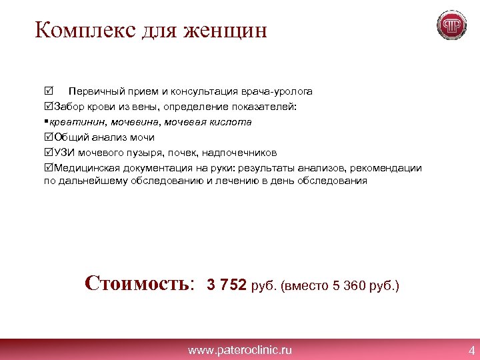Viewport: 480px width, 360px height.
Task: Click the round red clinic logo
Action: [x=451, y=25]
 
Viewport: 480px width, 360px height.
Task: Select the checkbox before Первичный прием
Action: [x=48, y=91]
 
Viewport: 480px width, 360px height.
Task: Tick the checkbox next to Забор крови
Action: [x=48, y=107]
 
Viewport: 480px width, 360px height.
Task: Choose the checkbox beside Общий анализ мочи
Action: [x=48, y=137]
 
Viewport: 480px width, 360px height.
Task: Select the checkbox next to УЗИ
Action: [x=48, y=153]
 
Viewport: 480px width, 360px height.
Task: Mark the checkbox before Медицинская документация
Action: [x=48, y=168]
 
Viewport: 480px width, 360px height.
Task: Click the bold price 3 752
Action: [x=227, y=286]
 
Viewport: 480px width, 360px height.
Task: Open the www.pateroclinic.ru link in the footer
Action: [x=240, y=349]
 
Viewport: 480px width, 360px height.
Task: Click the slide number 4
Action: [x=471, y=350]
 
